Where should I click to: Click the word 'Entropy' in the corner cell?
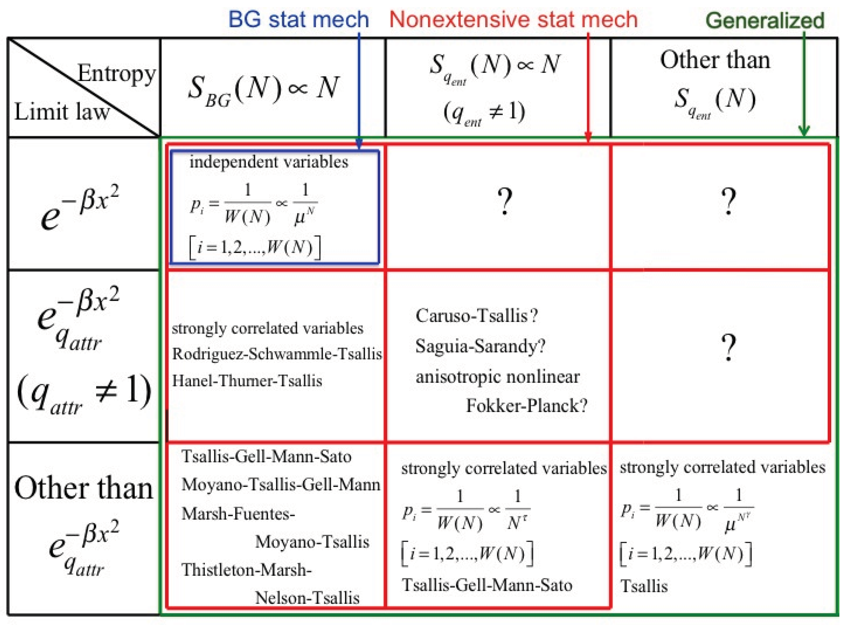click(x=116, y=73)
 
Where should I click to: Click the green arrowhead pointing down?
click(x=804, y=130)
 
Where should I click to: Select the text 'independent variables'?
click(x=269, y=162)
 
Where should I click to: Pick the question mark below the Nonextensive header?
click(x=505, y=202)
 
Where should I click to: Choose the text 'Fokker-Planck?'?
click(x=527, y=405)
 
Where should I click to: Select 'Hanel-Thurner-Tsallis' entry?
click(x=247, y=381)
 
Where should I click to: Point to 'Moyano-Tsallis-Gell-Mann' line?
click(x=281, y=485)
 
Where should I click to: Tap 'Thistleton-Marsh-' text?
click(x=246, y=570)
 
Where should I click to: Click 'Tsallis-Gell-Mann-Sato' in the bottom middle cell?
click(x=487, y=585)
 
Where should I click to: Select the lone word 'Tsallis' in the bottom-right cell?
click(x=644, y=586)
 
